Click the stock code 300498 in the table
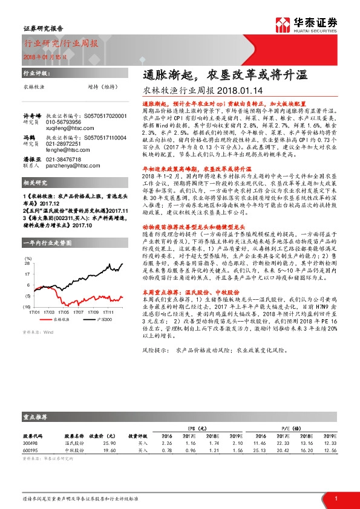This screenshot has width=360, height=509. pyautogui.click(x=30, y=443)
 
